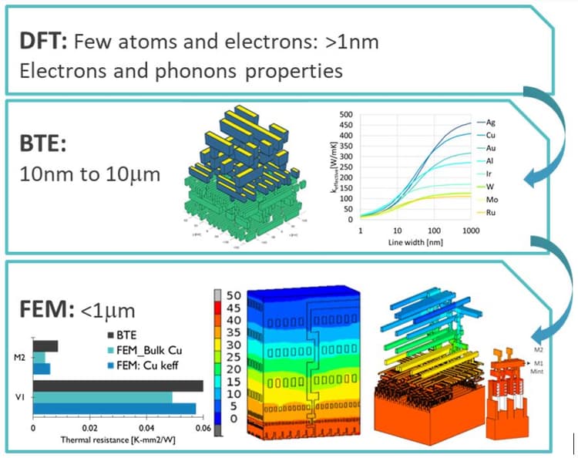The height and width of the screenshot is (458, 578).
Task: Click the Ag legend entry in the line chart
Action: [x=490, y=123]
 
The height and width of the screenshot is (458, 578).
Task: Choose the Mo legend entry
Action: [x=491, y=199]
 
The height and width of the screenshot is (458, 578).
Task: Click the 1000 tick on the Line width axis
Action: [x=467, y=231]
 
